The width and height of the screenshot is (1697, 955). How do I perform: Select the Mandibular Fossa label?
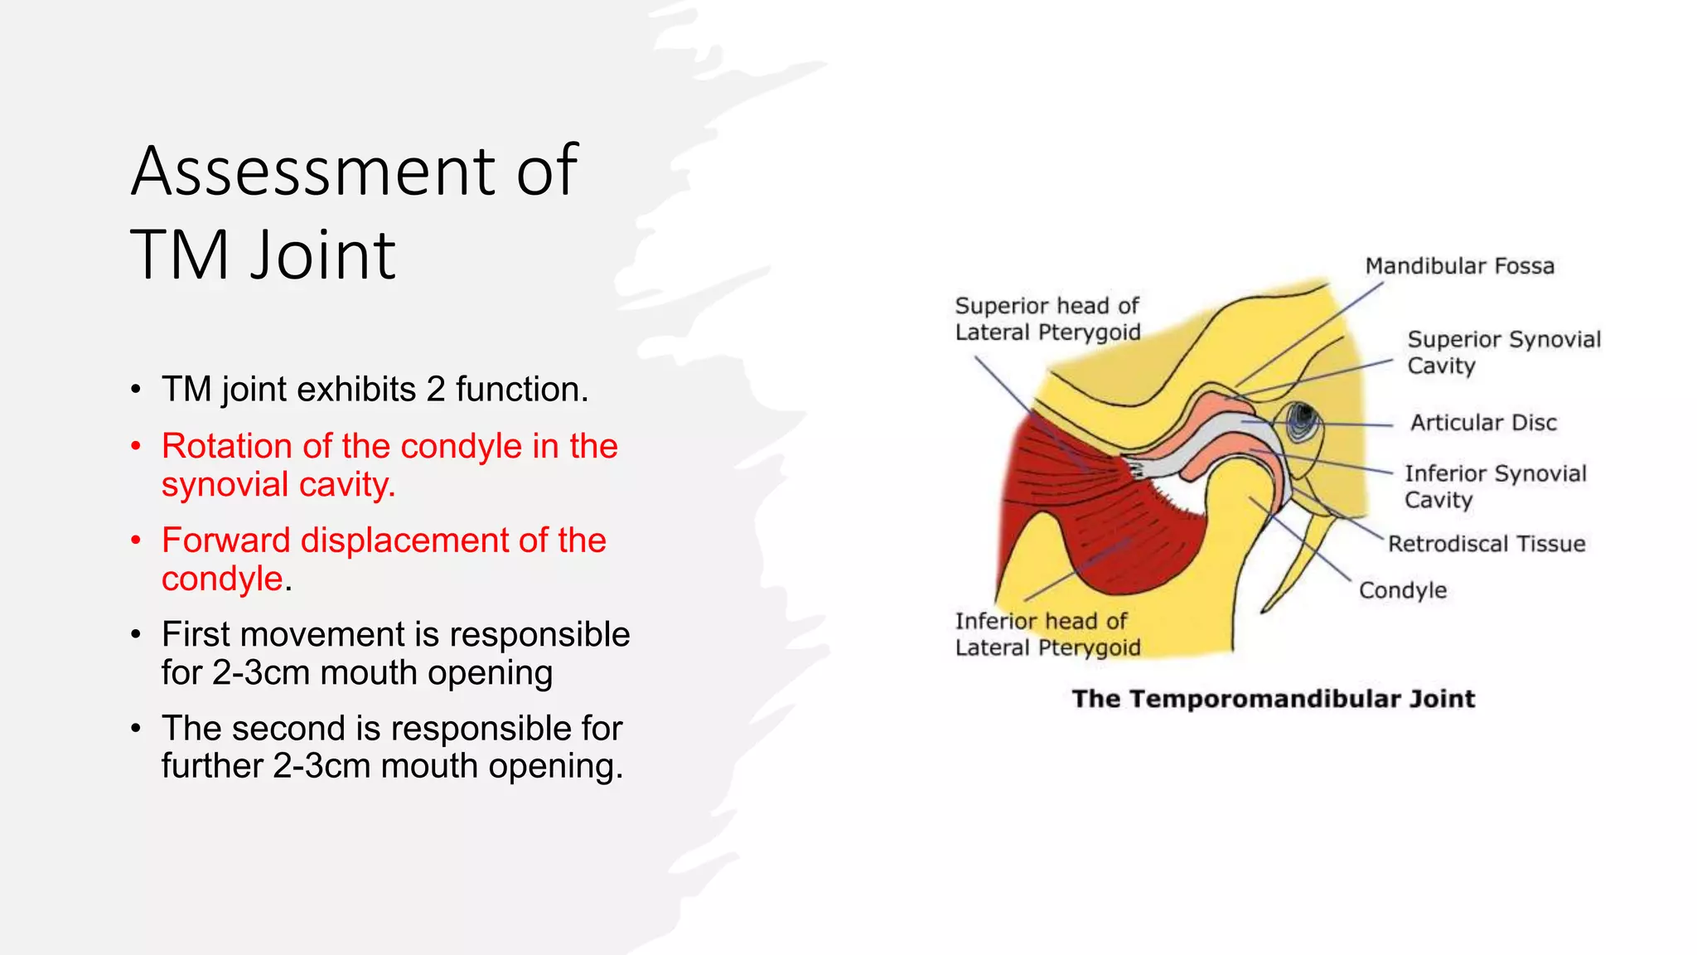1459,266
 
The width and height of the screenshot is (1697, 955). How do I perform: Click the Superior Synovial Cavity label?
1503,352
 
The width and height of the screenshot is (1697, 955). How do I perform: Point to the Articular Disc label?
1483,423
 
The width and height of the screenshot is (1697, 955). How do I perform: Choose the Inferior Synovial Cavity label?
1495,486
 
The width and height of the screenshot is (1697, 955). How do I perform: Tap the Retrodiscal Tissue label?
1487,544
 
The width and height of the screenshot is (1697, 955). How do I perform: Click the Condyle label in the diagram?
1402,590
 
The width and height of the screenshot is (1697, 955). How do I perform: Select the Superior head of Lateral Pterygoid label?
1047,319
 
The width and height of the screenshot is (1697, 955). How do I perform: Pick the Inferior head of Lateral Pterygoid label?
1047,634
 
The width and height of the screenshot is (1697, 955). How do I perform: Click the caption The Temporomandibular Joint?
1273,699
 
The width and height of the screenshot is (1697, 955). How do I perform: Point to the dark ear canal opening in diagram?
1303,417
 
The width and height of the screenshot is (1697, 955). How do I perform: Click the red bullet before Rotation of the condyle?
137,447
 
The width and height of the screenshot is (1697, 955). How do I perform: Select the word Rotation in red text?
226,447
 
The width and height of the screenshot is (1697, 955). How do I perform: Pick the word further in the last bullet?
212,766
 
